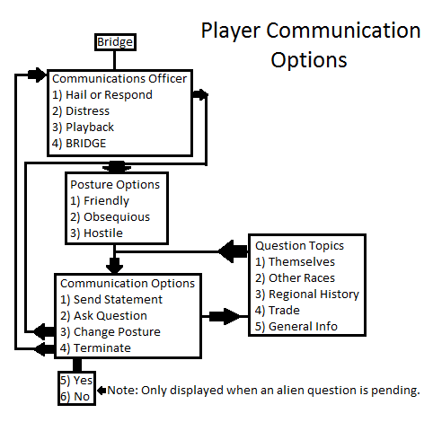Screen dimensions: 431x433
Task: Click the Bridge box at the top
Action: (x=115, y=42)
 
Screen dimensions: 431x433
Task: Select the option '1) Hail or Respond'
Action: (x=102, y=94)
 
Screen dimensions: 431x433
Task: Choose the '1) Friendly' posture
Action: (x=100, y=200)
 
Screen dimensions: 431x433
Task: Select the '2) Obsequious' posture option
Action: (x=110, y=216)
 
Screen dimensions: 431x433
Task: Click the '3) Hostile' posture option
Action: (x=96, y=233)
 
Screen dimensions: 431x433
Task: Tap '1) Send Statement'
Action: (x=111, y=299)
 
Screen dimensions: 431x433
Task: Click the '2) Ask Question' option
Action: (x=103, y=315)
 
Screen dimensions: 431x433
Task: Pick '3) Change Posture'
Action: (x=110, y=331)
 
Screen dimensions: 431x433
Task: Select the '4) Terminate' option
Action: (x=97, y=347)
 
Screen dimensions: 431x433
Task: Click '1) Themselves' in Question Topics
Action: (x=295, y=261)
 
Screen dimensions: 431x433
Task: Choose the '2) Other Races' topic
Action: (x=295, y=277)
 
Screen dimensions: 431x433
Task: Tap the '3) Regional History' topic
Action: (x=307, y=294)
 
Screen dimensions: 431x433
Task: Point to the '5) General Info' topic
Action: (x=296, y=326)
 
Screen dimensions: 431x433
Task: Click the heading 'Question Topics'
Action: (x=299, y=245)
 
